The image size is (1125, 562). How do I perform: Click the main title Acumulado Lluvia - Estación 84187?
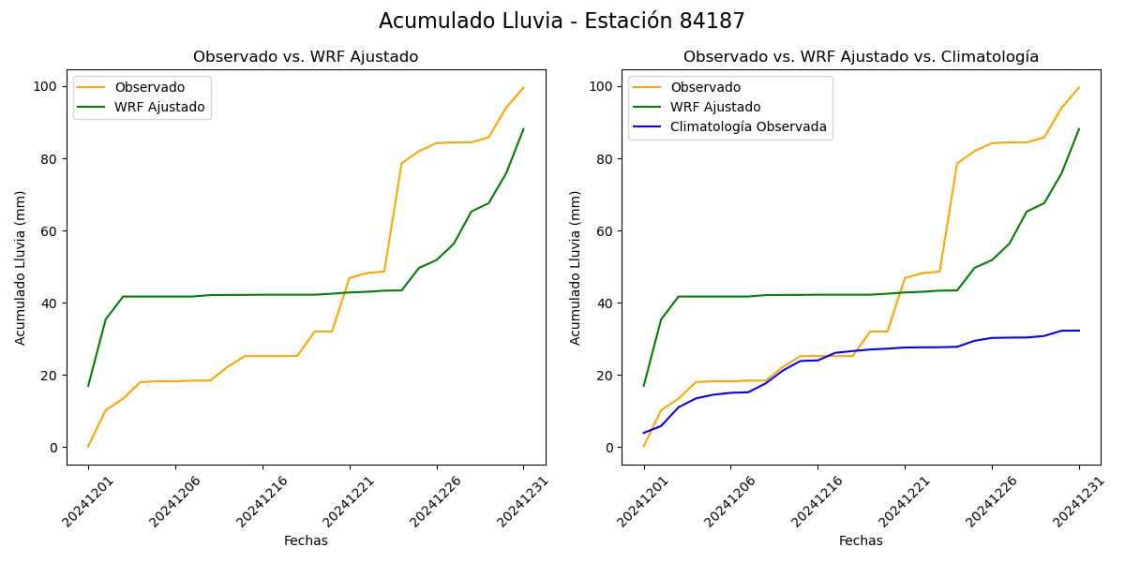pos(562,22)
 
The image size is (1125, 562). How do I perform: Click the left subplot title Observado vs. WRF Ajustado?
pos(306,57)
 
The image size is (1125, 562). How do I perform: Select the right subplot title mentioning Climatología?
pos(861,57)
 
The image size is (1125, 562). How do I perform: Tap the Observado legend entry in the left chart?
pos(150,87)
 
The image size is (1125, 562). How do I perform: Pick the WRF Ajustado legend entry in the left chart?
pos(159,107)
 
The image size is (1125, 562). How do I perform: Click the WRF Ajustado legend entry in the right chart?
pos(714,107)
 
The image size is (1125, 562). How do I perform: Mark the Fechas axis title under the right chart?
pos(861,540)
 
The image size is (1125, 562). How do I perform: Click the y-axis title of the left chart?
pos(21,267)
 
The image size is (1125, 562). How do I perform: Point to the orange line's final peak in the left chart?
pos(523,87)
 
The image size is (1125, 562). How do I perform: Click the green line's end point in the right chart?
pos(1078,129)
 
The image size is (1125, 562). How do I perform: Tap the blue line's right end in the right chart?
pos(1078,331)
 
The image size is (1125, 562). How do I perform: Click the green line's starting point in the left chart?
pos(88,386)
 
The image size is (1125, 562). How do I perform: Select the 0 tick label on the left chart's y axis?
pos(53,448)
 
